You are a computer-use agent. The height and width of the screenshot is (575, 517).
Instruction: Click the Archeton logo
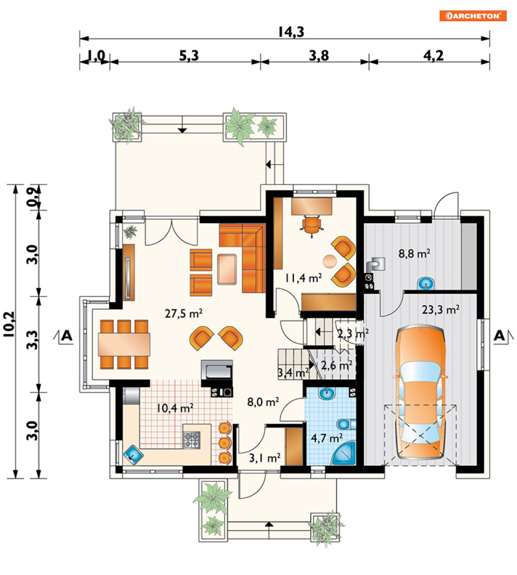pyautogui.click(x=473, y=16)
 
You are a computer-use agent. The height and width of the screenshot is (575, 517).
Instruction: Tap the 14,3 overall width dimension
pyautogui.click(x=291, y=32)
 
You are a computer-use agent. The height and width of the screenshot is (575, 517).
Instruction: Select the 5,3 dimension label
pyautogui.click(x=189, y=56)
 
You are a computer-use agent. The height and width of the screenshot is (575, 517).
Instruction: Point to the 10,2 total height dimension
pyautogui.click(x=9, y=324)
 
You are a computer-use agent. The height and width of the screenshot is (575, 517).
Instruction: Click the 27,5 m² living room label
pyautogui.click(x=183, y=313)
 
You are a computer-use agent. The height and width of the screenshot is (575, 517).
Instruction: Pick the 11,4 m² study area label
pyautogui.click(x=303, y=278)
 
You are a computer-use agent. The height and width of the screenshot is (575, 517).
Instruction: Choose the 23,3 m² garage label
pyautogui.click(x=441, y=310)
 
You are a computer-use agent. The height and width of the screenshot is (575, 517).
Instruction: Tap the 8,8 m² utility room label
pyautogui.click(x=414, y=253)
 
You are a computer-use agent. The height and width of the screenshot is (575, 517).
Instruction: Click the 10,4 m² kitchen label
pyautogui.click(x=175, y=408)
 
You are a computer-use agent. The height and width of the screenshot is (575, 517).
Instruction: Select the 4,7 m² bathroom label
pyautogui.click(x=327, y=438)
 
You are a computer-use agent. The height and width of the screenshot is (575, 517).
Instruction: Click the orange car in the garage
pyautogui.click(x=420, y=393)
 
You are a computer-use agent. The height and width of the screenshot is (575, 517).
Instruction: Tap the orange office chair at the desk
pyautogui.click(x=311, y=225)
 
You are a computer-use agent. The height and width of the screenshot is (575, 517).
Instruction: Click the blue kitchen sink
pyautogui.click(x=133, y=455)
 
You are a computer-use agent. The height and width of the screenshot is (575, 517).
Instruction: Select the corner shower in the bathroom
pyautogui.click(x=344, y=454)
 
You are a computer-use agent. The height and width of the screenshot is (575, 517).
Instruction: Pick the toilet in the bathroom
pyautogui.click(x=346, y=424)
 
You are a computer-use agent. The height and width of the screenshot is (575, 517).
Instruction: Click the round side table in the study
pyautogui.click(x=330, y=261)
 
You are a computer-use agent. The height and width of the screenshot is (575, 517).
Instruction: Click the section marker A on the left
pyautogui.click(x=67, y=335)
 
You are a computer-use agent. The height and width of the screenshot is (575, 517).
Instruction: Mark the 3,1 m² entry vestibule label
pyautogui.click(x=264, y=458)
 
